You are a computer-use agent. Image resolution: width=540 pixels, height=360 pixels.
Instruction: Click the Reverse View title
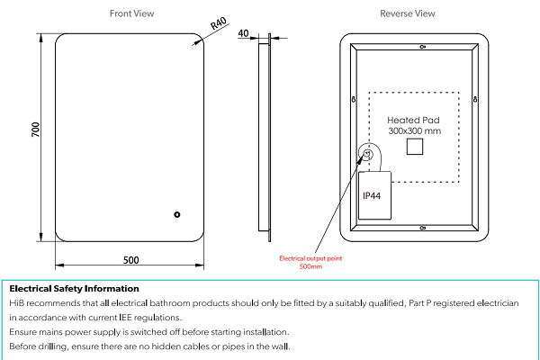407,13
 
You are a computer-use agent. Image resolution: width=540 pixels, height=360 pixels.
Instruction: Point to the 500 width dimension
130,260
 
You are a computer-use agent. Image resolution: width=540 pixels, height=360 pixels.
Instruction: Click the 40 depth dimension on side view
243,34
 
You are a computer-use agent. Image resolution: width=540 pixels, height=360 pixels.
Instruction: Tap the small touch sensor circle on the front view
177,214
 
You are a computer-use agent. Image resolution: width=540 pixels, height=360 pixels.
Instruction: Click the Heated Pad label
415,120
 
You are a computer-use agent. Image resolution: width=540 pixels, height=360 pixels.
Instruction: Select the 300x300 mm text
415,131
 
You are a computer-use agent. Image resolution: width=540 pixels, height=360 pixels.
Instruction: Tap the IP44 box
373,195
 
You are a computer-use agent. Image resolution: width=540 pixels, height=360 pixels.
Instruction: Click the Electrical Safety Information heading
74,289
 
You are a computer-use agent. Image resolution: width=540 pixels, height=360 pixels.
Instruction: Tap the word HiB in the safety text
17,303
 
